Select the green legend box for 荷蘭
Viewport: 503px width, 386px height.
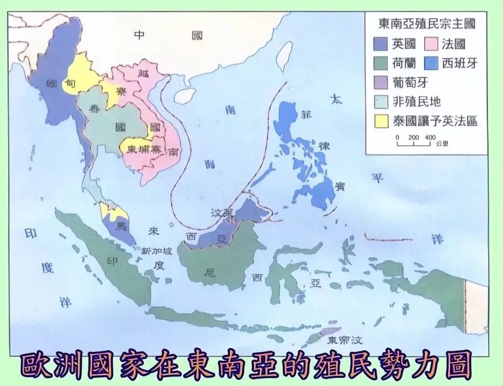(x=380, y=63)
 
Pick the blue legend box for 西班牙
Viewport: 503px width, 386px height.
(x=431, y=63)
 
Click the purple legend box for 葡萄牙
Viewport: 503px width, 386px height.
(x=380, y=82)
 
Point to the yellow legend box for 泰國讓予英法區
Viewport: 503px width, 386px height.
(x=380, y=121)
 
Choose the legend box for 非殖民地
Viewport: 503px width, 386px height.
(x=380, y=102)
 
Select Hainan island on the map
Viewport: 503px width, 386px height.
(x=184, y=95)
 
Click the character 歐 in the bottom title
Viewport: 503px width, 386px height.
(x=37, y=367)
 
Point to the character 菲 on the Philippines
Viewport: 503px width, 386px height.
(x=306, y=115)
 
